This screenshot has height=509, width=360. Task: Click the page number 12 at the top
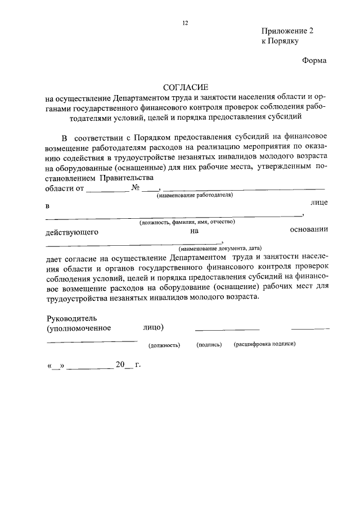tap(186, 23)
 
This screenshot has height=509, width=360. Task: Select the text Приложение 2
tap(287, 31)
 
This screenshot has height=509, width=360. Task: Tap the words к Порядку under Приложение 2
tap(280, 41)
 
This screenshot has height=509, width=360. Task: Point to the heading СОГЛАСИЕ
tap(186, 87)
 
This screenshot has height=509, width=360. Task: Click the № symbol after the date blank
tap(136, 188)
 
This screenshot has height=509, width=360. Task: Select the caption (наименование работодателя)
tap(195, 195)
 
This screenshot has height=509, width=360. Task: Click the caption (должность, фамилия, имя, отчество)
tap(187, 222)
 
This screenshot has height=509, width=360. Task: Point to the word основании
tap(309, 229)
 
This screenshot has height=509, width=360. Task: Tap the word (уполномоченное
tap(79, 327)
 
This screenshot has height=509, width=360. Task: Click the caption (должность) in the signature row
tap(164, 345)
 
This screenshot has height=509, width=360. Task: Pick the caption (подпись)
tap(209, 344)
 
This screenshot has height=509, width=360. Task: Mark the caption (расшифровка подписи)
tap(264, 344)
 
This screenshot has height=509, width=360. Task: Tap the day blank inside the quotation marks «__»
tap(55, 366)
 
